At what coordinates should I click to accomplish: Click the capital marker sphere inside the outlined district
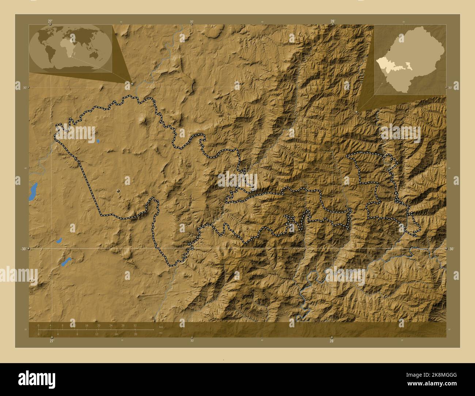(x=118, y=191)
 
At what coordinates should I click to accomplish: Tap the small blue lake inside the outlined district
(x=98, y=141)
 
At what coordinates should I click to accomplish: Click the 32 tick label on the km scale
(x=135, y=325)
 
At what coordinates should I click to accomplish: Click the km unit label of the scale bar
(x=161, y=326)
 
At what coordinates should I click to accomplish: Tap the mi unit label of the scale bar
(x=160, y=333)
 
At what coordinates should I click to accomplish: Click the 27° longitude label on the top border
(x=50, y=21)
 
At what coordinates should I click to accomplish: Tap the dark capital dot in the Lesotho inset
(x=391, y=49)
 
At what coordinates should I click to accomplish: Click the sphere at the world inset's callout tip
(x=132, y=83)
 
